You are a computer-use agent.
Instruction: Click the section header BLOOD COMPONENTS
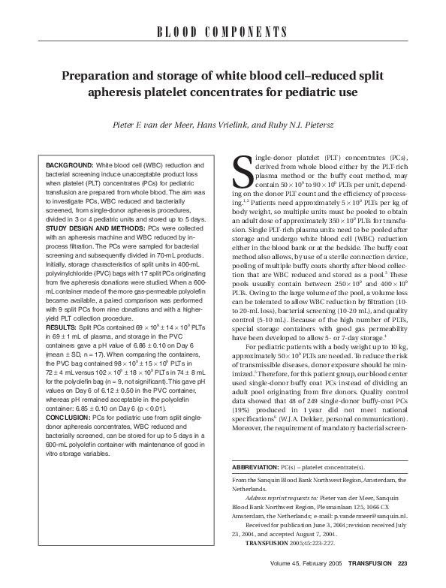pyautogui.click(x=223, y=32)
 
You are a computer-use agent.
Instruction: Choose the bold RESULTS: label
pyautogui.click(x=62, y=307)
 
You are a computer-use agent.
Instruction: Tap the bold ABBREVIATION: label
pyautogui.click(x=255, y=466)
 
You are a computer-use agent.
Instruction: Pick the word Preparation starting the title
pyautogui.click(x=96, y=76)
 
